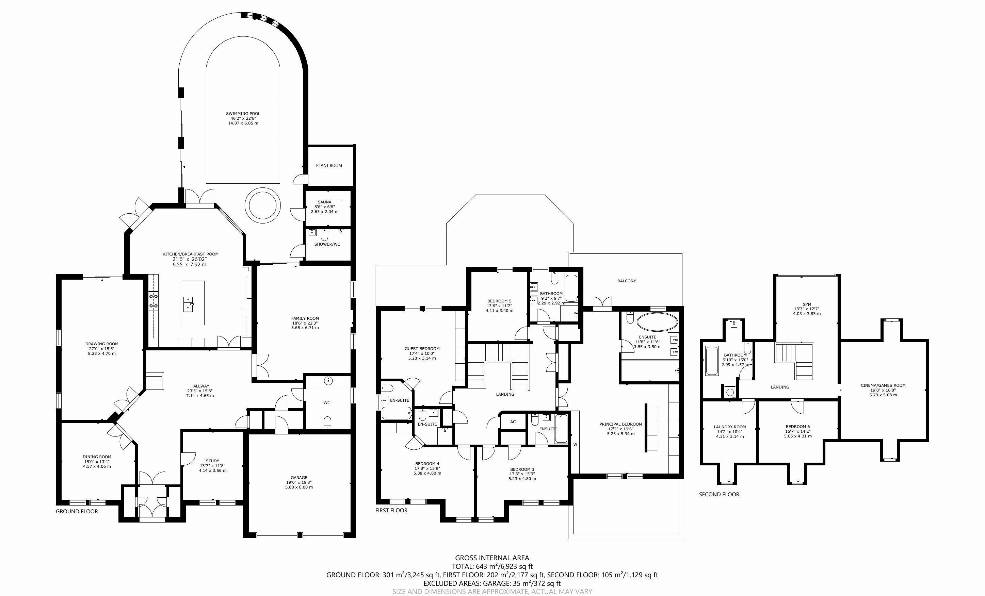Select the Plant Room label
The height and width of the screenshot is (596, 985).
tap(329, 165)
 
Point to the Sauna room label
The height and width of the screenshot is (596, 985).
tap(325, 202)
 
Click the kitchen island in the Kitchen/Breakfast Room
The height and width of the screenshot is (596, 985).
tap(193, 303)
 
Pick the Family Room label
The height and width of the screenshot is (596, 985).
tap(305, 318)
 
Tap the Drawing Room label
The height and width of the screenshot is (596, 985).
tap(102, 344)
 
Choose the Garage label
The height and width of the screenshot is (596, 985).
tap(299, 477)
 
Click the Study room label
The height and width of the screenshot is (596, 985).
tap(213, 461)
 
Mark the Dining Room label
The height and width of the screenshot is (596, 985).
tap(97, 457)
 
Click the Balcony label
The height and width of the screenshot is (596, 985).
tap(626, 281)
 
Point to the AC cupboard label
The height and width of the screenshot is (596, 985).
tap(513, 422)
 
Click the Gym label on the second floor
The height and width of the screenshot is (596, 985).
tap(807, 304)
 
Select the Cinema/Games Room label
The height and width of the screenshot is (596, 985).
tap(883, 385)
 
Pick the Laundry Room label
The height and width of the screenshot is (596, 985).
tap(730, 427)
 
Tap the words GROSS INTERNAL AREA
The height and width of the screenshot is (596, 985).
tap(492, 558)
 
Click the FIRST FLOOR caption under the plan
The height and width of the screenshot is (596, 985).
tap(391, 511)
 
